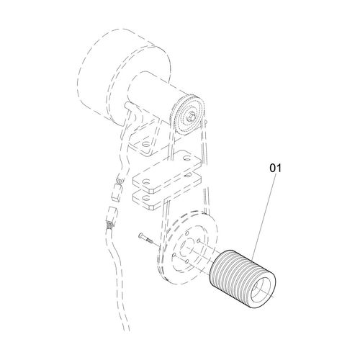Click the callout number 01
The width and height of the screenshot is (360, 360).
click(275, 168)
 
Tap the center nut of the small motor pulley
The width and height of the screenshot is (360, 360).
click(191, 116)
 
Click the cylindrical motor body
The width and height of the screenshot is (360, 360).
click(153, 96)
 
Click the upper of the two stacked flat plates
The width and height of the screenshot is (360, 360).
click(166, 171)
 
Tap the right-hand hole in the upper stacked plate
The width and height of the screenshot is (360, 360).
click(186, 158)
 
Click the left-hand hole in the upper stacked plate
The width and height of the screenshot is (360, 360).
click(146, 182)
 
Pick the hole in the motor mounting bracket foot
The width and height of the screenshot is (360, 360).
click(145, 145)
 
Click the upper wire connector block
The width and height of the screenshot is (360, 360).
click(116, 192)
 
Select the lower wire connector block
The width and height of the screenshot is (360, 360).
click(112, 215)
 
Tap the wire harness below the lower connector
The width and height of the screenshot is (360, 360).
click(117, 276)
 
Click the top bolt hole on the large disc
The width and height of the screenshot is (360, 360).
click(186, 233)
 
